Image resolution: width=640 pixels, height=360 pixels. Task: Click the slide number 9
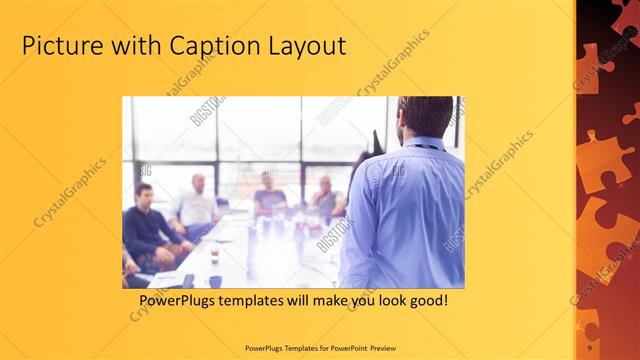[590, 347]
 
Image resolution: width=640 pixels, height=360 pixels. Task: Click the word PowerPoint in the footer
[340, 347]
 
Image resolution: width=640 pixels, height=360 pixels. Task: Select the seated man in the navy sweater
[150, 225]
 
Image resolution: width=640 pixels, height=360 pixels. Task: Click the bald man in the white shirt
[197, 205]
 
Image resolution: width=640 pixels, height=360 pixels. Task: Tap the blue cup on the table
[215, 281]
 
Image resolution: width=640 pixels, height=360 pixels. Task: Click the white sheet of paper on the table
[166, 278]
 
